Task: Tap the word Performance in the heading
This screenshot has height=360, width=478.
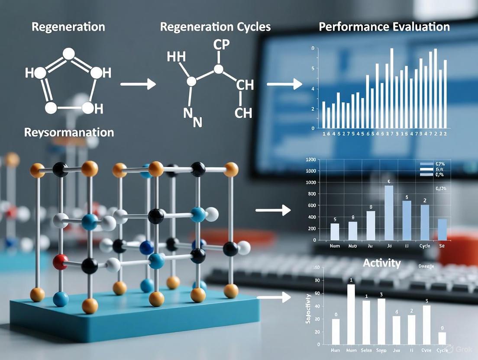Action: point(351,27)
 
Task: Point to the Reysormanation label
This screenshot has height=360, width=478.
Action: point(69,132)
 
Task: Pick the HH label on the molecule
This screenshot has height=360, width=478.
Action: point(176,56)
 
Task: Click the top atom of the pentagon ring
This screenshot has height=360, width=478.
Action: point(68,53)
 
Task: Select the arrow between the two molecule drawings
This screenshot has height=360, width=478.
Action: point(138,84)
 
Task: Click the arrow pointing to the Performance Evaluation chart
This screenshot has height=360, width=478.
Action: point(284,84)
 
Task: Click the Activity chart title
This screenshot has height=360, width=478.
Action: point(381,263)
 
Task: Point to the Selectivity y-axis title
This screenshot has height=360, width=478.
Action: point(308,309)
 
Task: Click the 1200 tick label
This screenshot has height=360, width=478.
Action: point(310,160)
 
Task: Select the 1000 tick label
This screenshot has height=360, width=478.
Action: point(310,171)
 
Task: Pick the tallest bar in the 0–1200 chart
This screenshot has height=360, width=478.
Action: point(389,212)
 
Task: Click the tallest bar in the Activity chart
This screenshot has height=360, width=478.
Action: point(351,314)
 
